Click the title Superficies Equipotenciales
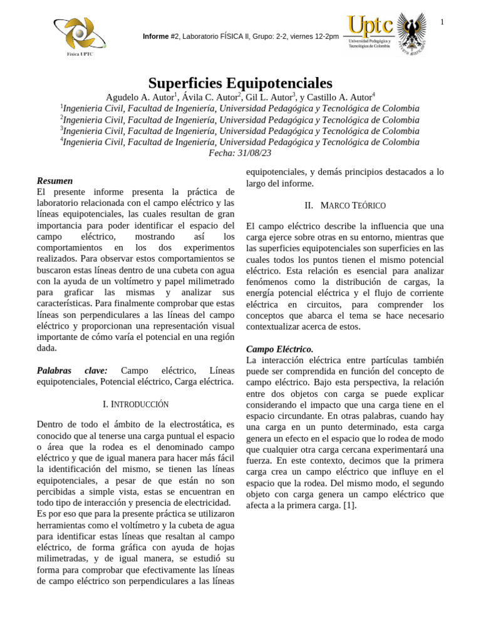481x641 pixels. coord(240,83)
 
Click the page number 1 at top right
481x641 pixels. coord(442,23)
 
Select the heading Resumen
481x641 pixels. coord(54,181)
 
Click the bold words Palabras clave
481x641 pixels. coord(72,371)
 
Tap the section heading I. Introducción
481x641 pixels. coord(135,404)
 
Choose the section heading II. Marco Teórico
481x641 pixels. coord(344,205)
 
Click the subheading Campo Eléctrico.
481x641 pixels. coord(279,349)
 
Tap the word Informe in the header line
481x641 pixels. coord(156,36)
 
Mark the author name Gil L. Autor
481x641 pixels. coord(269,97)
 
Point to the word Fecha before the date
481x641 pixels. coord(221,153)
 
